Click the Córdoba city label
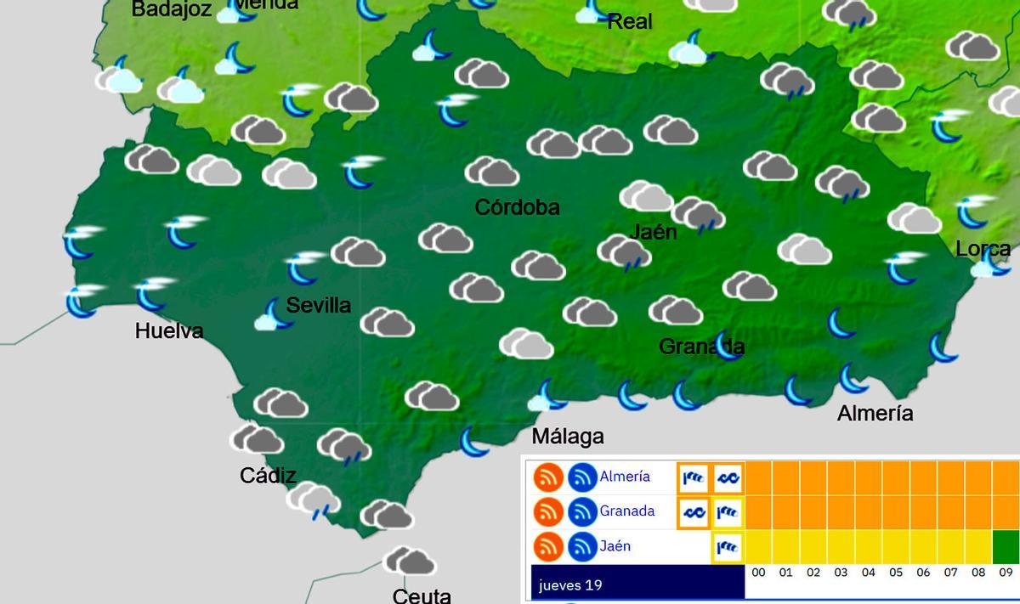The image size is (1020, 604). pyautogui.click(x=517, y=207)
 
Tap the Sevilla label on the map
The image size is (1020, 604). pyautogui.click(x=318, y=306)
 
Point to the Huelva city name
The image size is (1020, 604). pyautogui.click(x=169, y=331)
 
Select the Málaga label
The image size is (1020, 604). pyautogui.click(x=567, y=437)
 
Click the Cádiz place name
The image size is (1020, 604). pyautogui.click(x=268, y=476)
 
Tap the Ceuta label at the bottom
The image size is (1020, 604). pyautogui.click(x=422, y=596)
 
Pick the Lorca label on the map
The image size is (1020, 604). pyautogui.click(x=983, y=249)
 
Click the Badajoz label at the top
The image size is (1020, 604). pyautogui.click(x=171, y=9)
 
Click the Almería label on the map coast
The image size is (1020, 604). pyautogui.click(x=875, y=414)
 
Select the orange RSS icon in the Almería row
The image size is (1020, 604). pyautogui.click(x=549, y=477)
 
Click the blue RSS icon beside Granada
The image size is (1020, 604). pyautogui.click(x=583, y=512)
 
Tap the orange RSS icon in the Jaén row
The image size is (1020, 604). pyautogui.click(x=549, y=547)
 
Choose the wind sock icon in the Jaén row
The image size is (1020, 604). pyautogui.click(x=728, y=547)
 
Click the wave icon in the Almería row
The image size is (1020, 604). pyautogui.click(x=728, y=478)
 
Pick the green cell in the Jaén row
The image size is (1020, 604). pyautogui.click(x=1005, y=546)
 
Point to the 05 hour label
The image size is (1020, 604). pyautogui.click(x=896, y=573)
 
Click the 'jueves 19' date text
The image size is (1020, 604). pyautogui.click(x=570, y=585)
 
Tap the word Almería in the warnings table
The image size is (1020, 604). pyautogui.click(x=624, y=477)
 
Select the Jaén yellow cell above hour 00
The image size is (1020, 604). pyautogui.click(x=758, y=546)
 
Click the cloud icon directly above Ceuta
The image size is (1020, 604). pyautogui.click(x=409, y=561)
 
